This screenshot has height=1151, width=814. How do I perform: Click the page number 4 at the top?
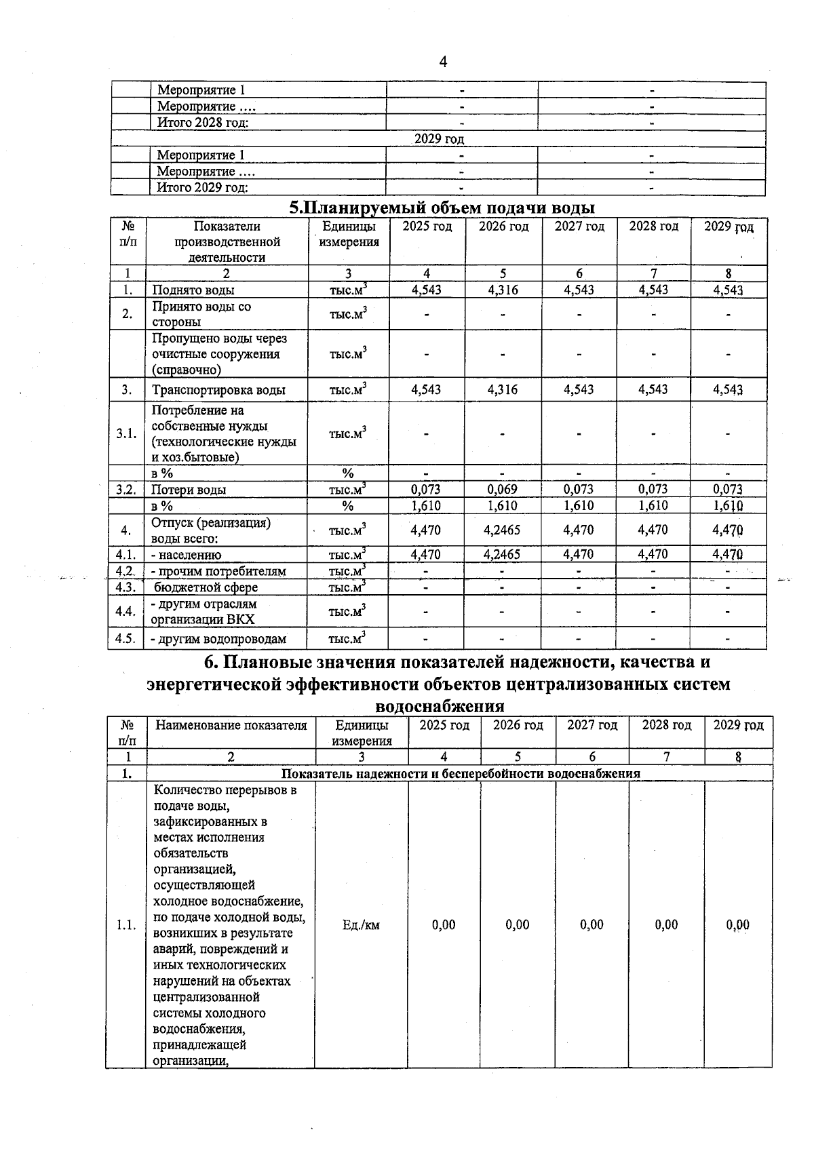(x=443, y=62)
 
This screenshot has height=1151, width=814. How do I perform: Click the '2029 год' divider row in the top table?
(x=439, y=139)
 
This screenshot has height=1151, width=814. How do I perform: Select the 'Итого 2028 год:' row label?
(x=203, y=123)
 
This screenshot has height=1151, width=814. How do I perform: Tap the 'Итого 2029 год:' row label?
(x=203, y=188)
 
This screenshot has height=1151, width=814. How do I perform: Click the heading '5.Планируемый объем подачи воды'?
(x=442, y=207)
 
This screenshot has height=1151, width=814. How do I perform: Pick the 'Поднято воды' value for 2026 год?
(x=503, y=290)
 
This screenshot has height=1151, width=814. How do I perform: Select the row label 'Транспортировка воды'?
(x=218, y=390)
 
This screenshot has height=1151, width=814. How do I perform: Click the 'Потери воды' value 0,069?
(x=503, y=490)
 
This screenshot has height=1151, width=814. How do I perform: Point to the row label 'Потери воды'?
(x=189, y=490)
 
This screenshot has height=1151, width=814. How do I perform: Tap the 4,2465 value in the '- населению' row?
(x=503, y=555)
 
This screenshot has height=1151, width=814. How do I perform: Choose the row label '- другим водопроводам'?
(x=218, y=639)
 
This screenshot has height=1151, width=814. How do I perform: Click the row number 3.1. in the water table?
(x=126, y=434)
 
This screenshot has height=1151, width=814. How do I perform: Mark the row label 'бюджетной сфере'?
(x=206, y=587)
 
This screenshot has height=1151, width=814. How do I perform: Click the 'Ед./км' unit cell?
(x=361, y=925)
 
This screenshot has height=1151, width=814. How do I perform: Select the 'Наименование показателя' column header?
(x=231, y=726)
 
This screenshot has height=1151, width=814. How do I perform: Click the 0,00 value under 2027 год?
(x=592, y=925)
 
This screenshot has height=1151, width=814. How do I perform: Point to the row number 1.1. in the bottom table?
(x=126, y=925)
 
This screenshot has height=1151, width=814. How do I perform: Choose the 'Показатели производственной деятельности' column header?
(x=227, y=242)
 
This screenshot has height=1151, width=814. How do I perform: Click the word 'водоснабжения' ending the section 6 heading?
(x=440, y=707)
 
